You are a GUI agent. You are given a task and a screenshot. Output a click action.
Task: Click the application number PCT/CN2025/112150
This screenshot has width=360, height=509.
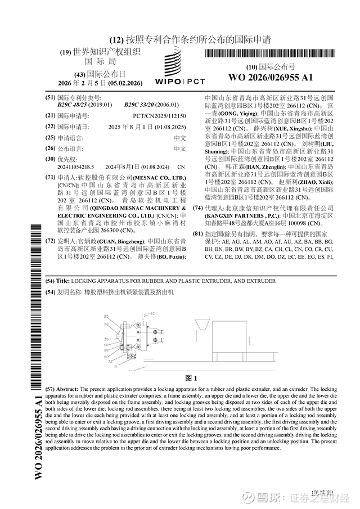159,115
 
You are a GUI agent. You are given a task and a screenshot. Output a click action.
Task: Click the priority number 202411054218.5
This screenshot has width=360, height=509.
75,167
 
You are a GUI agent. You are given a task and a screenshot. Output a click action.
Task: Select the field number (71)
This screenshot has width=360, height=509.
51,177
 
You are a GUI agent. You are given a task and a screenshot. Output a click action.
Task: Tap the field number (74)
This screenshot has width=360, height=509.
197,208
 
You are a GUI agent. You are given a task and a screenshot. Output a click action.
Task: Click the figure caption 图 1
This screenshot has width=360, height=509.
191,377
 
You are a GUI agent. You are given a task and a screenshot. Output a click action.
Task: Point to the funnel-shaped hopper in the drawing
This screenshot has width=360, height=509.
200,326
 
